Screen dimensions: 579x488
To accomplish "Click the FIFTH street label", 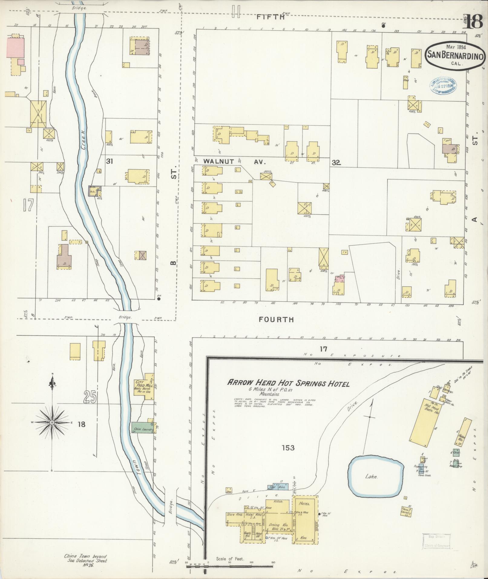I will pos(270,17).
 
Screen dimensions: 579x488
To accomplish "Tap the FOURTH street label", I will pos(277,319).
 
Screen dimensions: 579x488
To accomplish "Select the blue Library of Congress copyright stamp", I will pos(444,85).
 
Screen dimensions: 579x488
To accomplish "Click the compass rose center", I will pos(52,422).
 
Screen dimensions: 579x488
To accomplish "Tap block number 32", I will pos(336,163).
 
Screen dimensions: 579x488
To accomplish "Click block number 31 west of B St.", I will pos(109,161).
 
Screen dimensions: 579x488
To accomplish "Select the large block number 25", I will pos(90,397).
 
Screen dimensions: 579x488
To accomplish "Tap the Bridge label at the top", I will pos(80,8).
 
